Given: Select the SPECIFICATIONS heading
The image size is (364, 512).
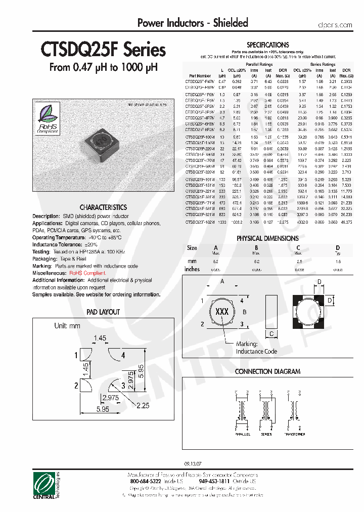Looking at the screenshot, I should tap(267, 45).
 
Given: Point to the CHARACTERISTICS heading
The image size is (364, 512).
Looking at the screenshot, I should tap(103, 207).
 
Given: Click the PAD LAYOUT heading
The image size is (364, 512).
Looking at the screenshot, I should tap(103, 312).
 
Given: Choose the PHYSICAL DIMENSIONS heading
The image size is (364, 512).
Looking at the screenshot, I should tap(267, 238).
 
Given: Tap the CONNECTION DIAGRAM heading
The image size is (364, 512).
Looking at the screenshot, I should tap(267, 371).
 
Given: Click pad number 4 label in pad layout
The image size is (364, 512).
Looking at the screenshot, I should tap(123, 355).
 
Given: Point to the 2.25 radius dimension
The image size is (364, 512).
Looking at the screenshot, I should tap(143, 405).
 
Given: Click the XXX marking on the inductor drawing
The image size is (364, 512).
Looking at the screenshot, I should tap(222, 312).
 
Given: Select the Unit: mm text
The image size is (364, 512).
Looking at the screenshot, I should tap(67, 326).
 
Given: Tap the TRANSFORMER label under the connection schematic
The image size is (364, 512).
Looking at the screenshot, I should tap(294, 434).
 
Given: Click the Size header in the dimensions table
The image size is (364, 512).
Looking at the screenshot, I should tap(192, 248).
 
